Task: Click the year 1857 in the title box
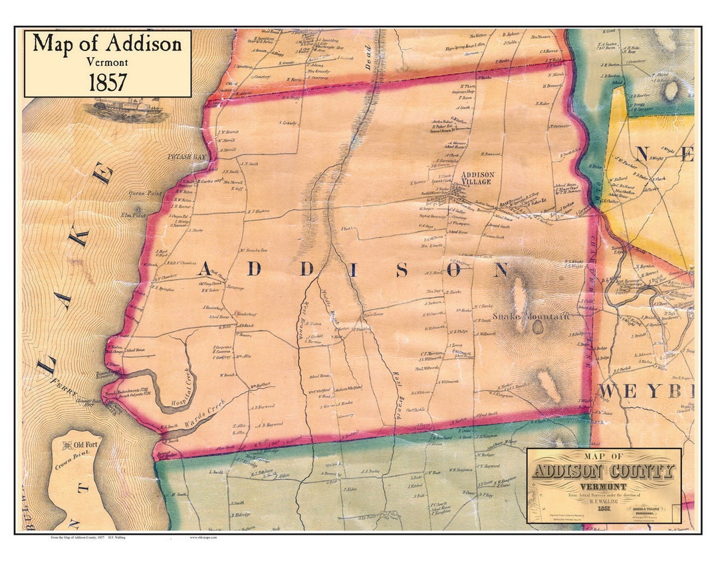click(x=108, y=82)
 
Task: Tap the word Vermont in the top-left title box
click(x=108, y=62)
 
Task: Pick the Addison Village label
click(x=476, y=178)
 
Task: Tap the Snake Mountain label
click(x=530, y=317)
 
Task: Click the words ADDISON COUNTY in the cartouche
click(x=603, y=471)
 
